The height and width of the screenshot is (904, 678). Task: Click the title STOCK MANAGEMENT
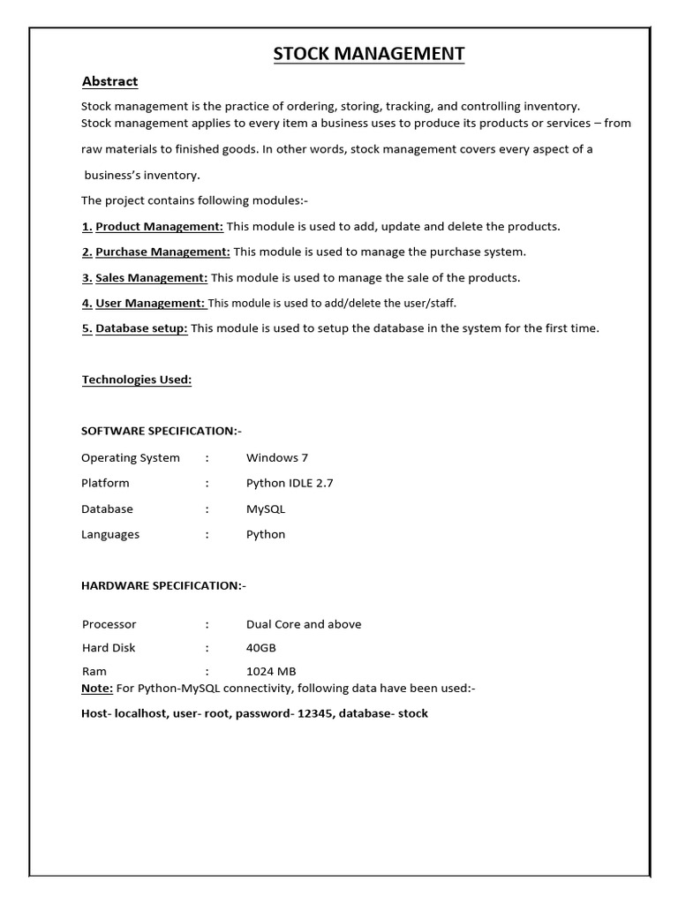click(368, 55)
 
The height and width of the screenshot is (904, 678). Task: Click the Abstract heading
click(109, 81)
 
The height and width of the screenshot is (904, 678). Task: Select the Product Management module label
click(159, 226)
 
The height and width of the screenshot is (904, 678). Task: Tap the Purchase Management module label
click(162, 252)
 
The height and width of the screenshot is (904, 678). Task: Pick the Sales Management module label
click(151, 277)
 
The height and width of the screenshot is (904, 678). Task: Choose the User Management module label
click(150, 303)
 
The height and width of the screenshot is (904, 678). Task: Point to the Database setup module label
click(141, 328)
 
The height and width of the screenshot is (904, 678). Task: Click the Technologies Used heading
click(137, 380)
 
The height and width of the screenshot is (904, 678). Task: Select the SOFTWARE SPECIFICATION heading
click(162, 431)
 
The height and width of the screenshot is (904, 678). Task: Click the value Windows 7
click(277, 457)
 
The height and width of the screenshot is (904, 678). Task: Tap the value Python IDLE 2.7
click(290, 483)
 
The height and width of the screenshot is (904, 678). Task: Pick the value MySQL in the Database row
click(266, 508)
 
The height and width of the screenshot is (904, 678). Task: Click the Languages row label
click(110, 534)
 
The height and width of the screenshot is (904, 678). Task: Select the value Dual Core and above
click(304, 624)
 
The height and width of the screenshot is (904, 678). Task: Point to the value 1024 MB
click(271, 672)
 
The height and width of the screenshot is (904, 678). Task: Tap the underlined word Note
click(96, 689)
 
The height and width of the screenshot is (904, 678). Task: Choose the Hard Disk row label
click(109, 648)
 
